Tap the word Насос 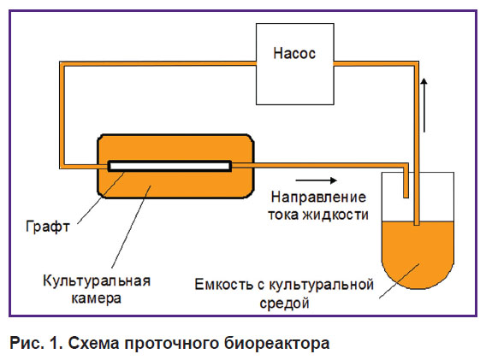click(294, 53)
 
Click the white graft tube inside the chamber click(169, 166)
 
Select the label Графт click(47, 227)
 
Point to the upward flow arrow click(424, 105)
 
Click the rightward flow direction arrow click(316, 180)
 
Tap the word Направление click(318, 198)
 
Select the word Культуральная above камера click(97, 281)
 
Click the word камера click(96, 298)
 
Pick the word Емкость click(224, 285)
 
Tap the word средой click(284, 303)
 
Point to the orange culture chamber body click(175, 186)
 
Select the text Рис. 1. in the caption click(36, 343)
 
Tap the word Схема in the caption click(93, 343)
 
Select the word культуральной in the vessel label click(321, 285)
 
